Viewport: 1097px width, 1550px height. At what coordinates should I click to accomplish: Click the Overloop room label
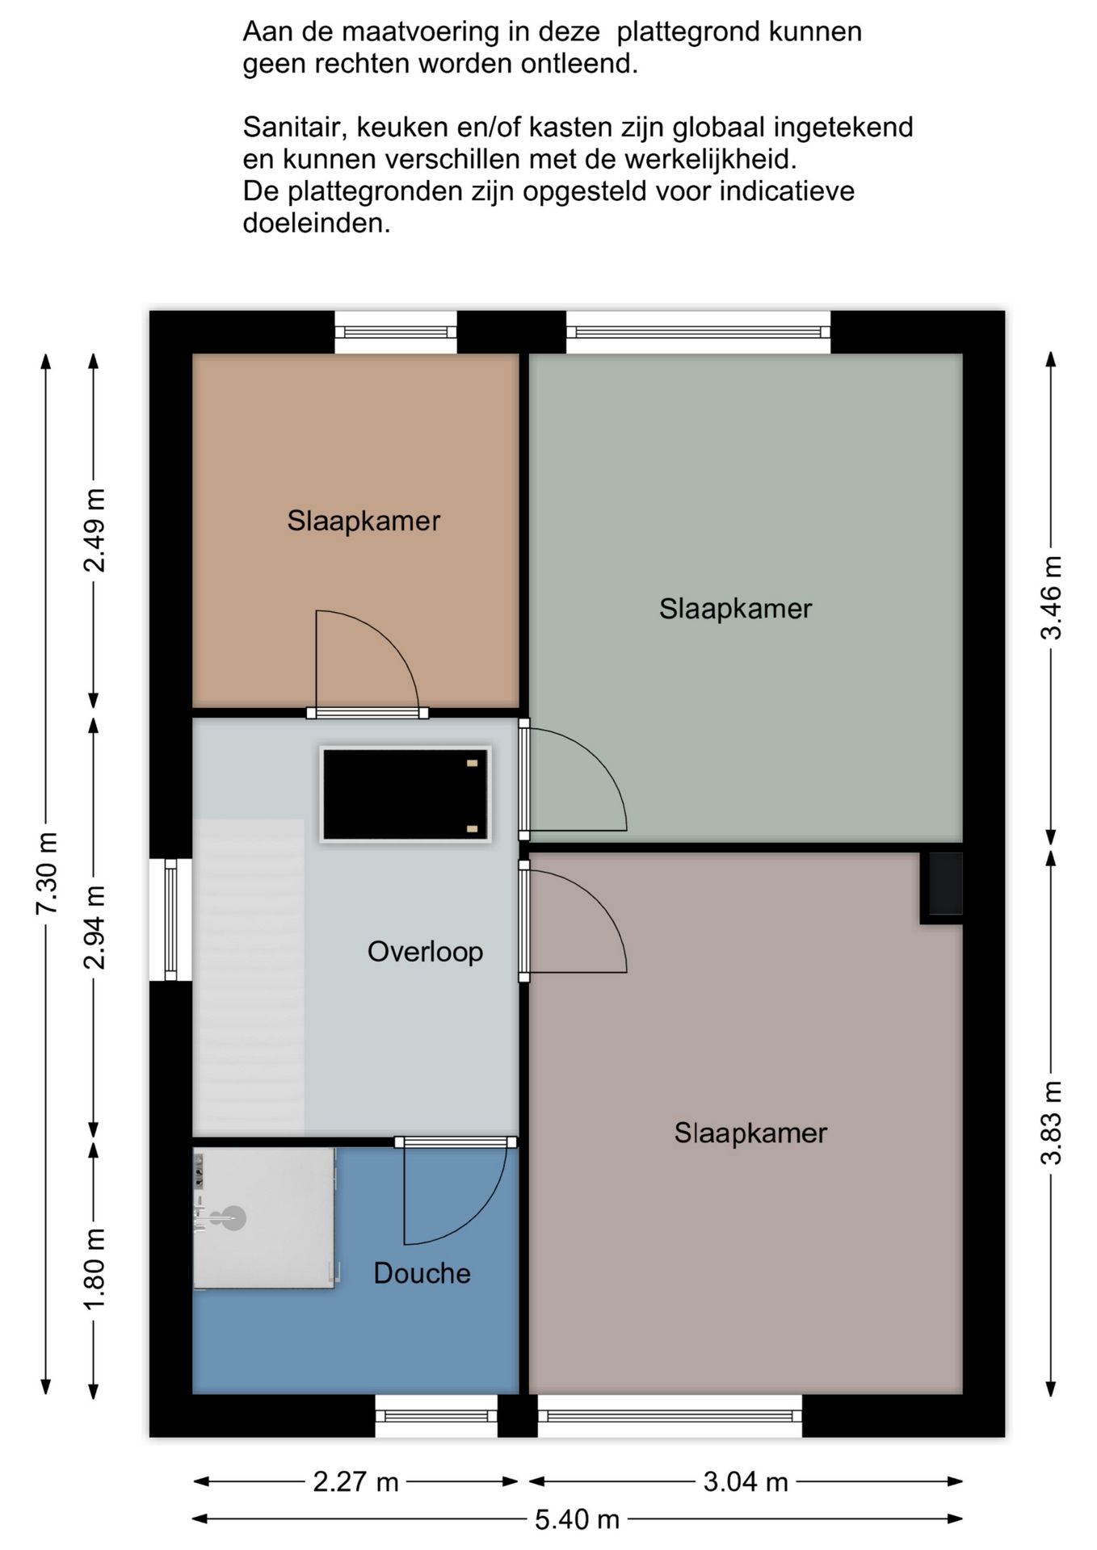tap(425, 952)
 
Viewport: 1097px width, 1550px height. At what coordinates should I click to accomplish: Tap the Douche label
tap(422, 1273)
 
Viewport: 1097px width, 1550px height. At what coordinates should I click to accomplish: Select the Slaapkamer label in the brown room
tap(364, 521)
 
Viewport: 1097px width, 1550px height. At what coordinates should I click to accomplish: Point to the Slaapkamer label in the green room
tap(735, 609)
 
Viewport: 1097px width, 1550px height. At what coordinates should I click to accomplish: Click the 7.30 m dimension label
tap(47, 873)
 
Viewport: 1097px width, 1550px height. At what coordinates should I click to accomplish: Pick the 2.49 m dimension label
tap(95, 530)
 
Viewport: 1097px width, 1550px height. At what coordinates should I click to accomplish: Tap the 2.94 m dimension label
tap(95, 927)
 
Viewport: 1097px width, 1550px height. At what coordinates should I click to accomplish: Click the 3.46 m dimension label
tap(1051, 597)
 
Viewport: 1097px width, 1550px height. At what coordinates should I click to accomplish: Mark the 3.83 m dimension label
tap(1051, 1123)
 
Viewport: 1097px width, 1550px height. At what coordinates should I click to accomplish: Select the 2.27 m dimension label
tap(355, 1481)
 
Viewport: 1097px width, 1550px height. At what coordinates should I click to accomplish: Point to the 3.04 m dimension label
tap(746, 1481)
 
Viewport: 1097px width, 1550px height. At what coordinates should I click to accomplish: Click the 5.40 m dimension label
tap(577, 1519)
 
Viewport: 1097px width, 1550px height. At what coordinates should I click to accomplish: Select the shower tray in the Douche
tap(264, 1218)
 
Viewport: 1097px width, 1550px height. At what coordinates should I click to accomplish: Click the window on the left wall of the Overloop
tap(170, 920)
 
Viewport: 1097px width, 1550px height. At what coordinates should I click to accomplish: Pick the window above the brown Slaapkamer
tap(396, 332)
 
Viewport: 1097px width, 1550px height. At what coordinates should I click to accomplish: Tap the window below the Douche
tap(436, 1416)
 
